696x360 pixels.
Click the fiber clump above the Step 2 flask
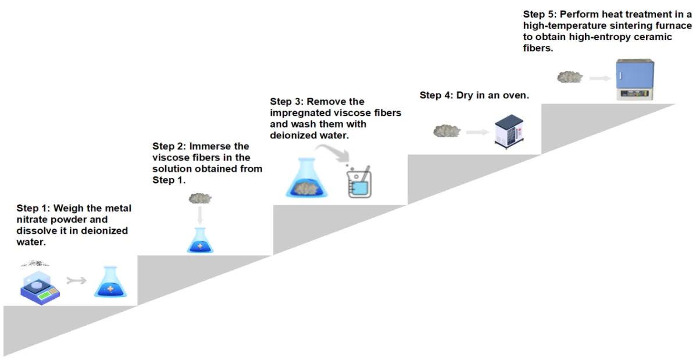pos(199,199)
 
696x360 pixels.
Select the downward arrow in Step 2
pos(199,216)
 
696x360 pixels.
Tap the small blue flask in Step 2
pos(200,241)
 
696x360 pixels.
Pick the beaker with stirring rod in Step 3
pos(359,182)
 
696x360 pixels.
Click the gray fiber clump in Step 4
pos(447,131)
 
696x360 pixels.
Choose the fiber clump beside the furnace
pos(570,77)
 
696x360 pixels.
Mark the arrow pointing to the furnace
pos(599,78)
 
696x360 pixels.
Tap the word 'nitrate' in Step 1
pos(31,220)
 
